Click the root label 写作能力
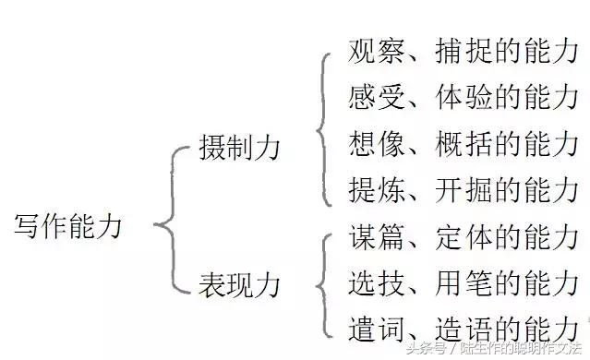tap(69, 226)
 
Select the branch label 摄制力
tap(239, 148)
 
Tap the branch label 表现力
tap(239, 282)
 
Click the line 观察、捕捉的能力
tap(464, 52)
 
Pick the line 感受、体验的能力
tap(464, 96)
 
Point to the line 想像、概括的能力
tap(464, 144)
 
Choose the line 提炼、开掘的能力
tap(464, 190)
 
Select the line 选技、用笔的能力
tap(464, 282)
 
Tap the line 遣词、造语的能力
tap(464, 328)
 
